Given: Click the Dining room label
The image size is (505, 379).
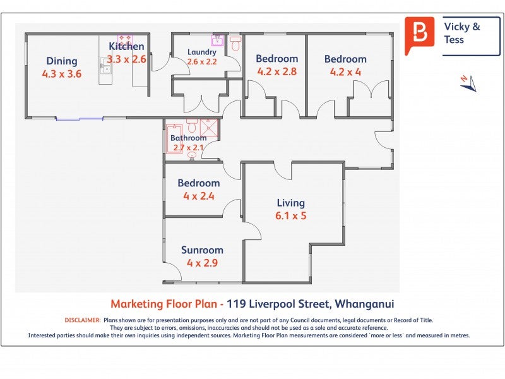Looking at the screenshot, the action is tap(61, 61).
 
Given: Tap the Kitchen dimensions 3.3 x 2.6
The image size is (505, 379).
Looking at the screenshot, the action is tap(126, 59).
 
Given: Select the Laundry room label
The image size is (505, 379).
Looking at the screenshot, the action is tap(202, 52).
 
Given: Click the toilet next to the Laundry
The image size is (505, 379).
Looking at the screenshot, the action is tap(235, 44).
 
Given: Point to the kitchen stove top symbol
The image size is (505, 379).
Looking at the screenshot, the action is tap(125, 39).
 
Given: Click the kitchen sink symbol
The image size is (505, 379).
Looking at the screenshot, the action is tap(105, 67).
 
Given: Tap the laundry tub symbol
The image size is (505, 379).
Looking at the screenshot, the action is tap(217, 40).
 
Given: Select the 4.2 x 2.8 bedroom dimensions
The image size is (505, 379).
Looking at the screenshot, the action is tap(276, 71).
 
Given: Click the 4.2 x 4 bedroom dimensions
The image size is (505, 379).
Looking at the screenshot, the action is tap(345, 72).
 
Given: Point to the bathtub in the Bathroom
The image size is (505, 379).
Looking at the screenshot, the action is tap(174, 139).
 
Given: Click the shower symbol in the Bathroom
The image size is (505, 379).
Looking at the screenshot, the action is tap(209, 128).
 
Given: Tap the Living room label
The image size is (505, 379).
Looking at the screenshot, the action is tap(291, 203).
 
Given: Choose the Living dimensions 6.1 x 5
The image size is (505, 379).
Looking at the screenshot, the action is tap(290, 215).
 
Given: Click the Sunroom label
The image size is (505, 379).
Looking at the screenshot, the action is tap(202, 250).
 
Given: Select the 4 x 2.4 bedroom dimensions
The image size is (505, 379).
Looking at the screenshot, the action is tap(199, 196).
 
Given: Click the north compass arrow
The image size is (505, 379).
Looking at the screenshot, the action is tap(469, 83).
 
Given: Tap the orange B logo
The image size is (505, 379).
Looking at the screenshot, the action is tap(419, 35).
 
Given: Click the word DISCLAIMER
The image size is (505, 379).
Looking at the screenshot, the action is tap(83, 320).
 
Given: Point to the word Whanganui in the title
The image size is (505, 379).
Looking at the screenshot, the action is tap(364, 304).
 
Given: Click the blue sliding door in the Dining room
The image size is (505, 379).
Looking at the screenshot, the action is tap(80, 119).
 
